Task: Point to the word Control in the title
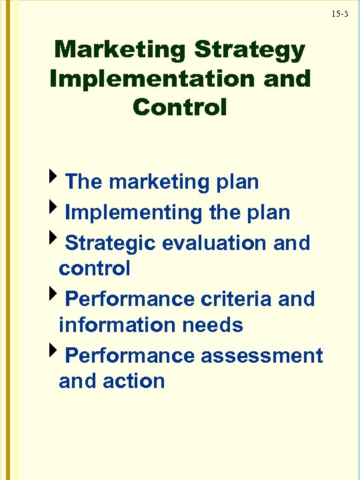[x=180, y=107]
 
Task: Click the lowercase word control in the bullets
[x=94, y=269]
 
